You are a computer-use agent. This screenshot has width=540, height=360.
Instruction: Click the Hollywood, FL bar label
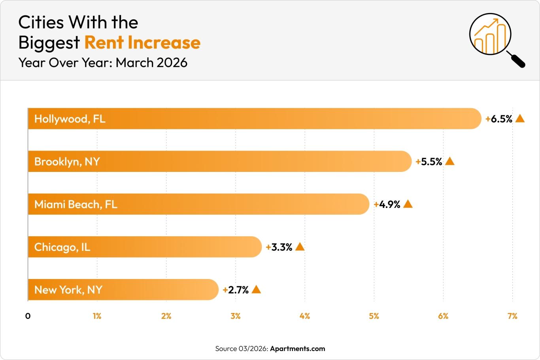click(x=70, y=119)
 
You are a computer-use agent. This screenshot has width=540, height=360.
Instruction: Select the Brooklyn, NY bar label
click(x=67, y=162)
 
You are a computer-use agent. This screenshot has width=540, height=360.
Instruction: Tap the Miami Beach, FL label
click(x=76, y=204)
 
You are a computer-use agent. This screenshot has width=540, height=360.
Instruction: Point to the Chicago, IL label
click(x=62, y=247)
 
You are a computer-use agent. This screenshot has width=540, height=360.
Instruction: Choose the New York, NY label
click(x=68, y=290)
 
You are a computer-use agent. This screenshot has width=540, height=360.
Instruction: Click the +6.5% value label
click(x=499, y=119)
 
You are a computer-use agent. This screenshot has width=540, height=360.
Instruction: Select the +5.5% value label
click(x=429, y=162)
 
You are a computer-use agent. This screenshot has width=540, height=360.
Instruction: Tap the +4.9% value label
click(x=387, y=204)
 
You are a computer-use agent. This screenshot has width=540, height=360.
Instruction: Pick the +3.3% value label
click(x=279, y=247)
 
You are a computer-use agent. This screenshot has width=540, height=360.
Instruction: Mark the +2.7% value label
click(x=236, y=290)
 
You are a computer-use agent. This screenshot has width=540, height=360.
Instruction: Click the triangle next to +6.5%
click(x=520, y=119)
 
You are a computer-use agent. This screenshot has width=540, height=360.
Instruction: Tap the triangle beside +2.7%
click(x=256, y=290)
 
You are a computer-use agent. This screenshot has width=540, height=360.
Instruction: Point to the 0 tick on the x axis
click(x=28, y=316)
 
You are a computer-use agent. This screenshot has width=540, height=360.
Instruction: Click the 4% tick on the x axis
click(x=305, y=316)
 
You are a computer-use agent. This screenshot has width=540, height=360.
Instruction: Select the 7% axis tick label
click(x=512, y=316)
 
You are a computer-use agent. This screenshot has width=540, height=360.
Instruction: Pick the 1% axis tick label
click(x=97, y=316)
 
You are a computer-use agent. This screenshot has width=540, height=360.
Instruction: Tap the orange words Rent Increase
click(x=142, y=43)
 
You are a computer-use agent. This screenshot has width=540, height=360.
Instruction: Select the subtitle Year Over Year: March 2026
click(x=103, y=62)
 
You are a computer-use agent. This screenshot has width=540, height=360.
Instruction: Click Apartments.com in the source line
click(x=297, y=349)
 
